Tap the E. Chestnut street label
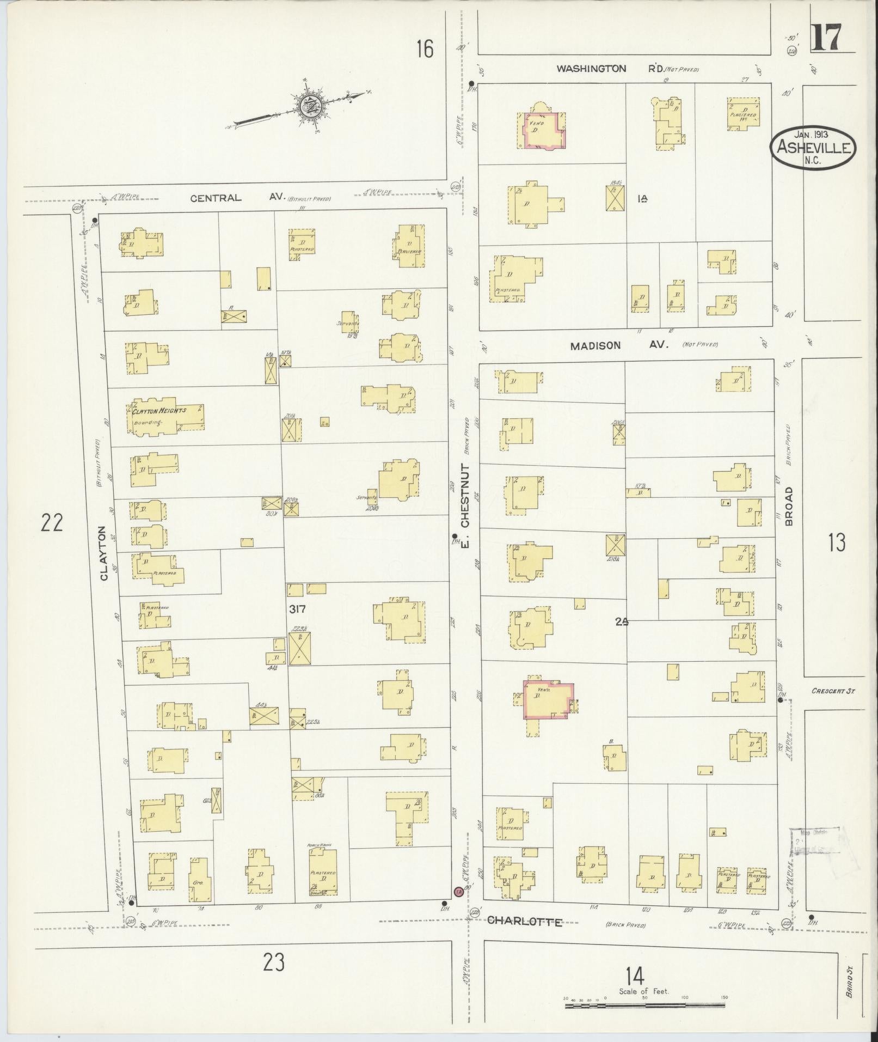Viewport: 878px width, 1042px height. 464,505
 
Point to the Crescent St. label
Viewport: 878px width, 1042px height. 833,691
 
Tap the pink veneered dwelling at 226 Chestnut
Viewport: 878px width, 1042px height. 547,699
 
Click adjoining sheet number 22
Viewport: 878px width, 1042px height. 52,523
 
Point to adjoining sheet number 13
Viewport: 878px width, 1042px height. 836,543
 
